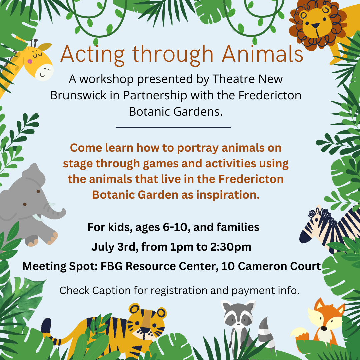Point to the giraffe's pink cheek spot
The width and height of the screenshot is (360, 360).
click(30, 61)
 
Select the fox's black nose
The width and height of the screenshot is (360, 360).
click(324, 328)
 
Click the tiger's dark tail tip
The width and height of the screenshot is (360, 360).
click(46, 326)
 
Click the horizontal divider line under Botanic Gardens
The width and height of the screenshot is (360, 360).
click(173, 127)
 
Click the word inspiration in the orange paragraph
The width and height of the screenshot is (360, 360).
click(228, 195)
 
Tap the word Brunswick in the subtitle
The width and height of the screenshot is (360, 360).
click(78, 95)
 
